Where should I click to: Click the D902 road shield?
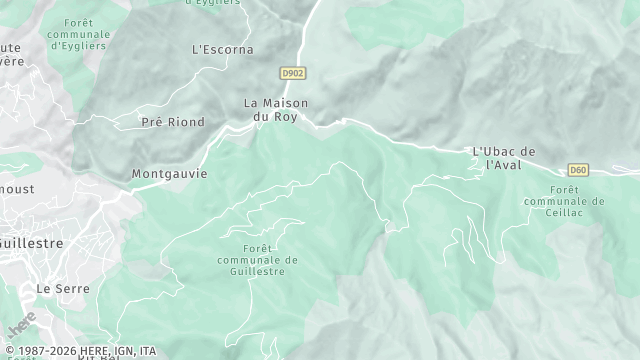click(291, 73)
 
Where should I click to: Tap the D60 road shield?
click(578, 170)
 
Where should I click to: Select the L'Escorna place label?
click(222, 49)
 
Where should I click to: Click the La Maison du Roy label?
click(276, 110)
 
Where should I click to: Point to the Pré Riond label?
click(173, 122)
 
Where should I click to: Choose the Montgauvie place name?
click(169, 173)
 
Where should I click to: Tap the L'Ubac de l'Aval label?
click(504, 158)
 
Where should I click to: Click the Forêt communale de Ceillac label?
click(564, 201)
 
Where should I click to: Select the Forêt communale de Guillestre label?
click(257, 260)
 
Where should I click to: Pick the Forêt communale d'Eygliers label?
click(78, 34)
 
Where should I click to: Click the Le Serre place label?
click(63, 288)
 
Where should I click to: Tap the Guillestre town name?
click(30, 243)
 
